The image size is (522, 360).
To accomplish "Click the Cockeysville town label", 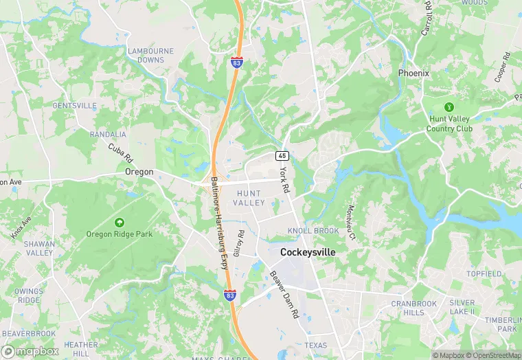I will coord(308,253).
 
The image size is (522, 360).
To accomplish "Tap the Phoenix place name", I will coord(413,73).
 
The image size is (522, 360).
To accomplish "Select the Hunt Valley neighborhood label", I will coord(249,199).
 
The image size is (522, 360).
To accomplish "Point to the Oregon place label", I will coord(139,172).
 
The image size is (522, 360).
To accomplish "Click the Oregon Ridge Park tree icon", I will coord(120,223).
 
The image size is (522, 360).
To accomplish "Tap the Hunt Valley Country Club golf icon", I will coord(449,107).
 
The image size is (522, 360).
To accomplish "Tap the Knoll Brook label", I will coord(313,231).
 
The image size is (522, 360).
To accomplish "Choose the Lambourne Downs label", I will coord(146,55).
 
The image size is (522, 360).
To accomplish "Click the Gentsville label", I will coord(74,106).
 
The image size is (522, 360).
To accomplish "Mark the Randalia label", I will coord(108,134).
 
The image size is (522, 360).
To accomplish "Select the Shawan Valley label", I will coord(39,248).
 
